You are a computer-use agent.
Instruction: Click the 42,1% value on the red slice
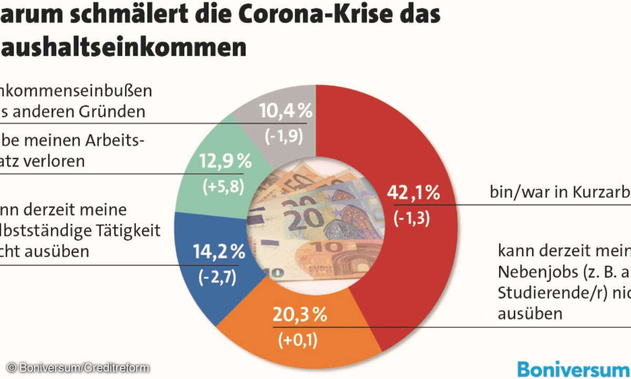click(413, 193)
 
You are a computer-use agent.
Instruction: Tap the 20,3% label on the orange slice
click(300, 316)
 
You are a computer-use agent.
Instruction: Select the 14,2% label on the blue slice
click(219, 252)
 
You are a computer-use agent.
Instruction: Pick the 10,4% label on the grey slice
click(287, 111)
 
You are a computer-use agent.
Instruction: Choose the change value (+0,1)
click(298, 341)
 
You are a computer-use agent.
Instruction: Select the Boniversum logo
click(573, 367)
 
